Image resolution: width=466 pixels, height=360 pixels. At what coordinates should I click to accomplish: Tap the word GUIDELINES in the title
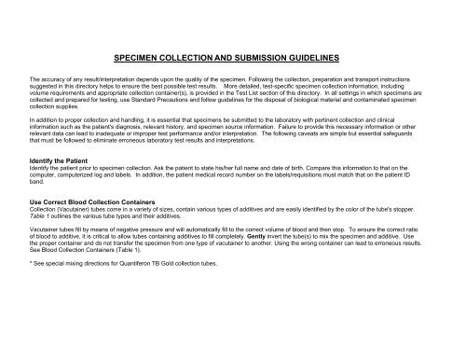(x=317, y=57)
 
